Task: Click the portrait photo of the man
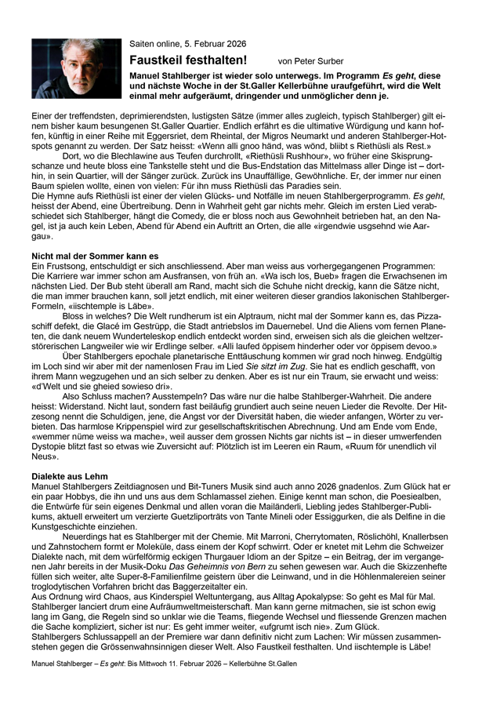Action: point(74,68)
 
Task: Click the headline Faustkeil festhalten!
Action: point(189,60)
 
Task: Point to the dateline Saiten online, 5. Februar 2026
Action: point(182,44)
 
